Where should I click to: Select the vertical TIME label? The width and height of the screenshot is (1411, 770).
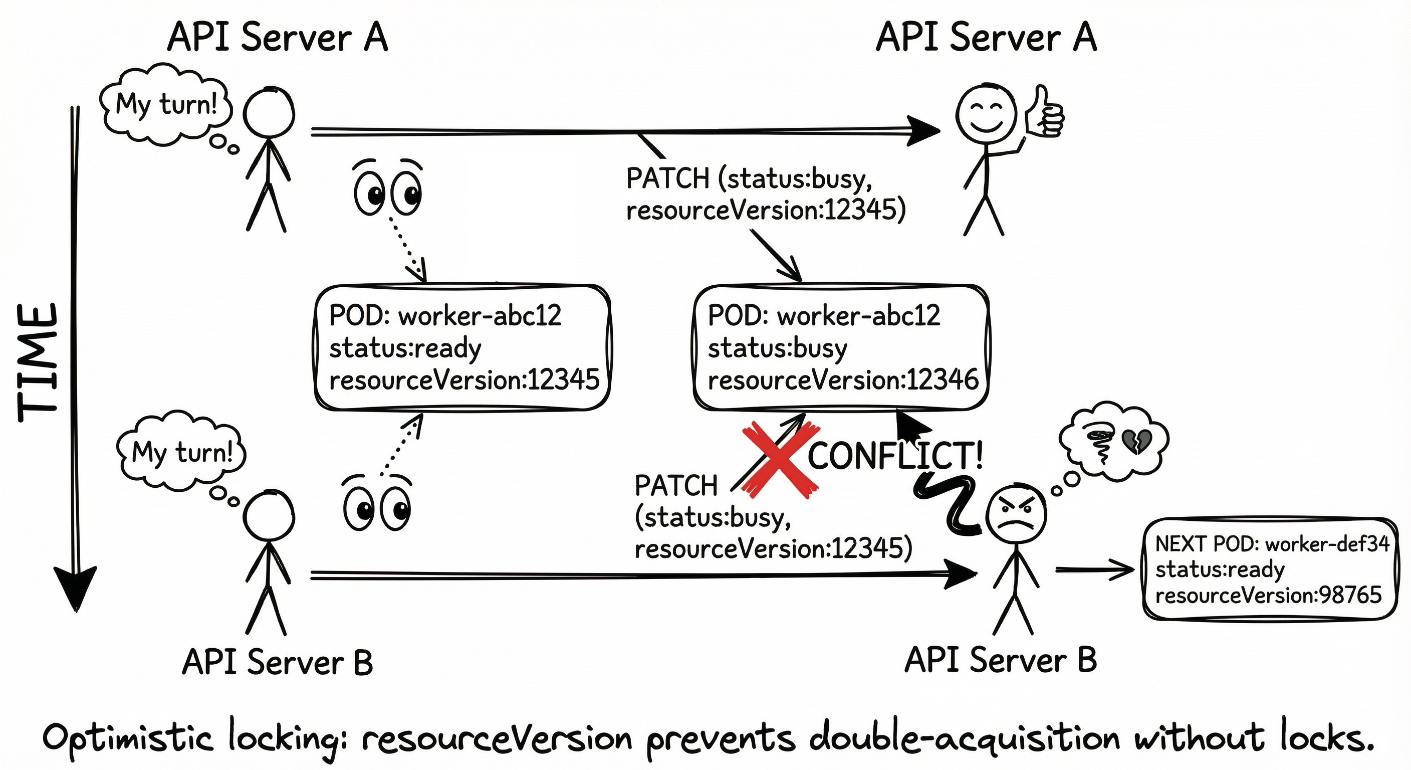37,362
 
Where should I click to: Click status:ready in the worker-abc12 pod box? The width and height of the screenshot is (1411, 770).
405,348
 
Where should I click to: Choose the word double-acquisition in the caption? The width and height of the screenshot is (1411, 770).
964,739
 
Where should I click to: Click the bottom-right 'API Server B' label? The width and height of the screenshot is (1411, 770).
1000,660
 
